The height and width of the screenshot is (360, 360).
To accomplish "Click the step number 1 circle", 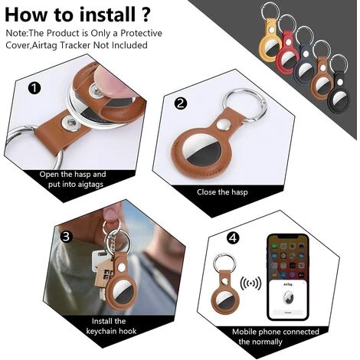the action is (x=34, y=88).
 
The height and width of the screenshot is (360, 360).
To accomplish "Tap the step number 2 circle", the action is (x=181, y=103).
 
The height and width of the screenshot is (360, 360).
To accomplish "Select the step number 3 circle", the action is (x=66, y=237).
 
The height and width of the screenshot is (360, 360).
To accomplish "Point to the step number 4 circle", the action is (x=233, y=238).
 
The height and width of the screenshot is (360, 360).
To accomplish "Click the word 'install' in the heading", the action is (x=107, y=15).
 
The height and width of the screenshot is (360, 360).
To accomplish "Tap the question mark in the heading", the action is (x=146, y=15).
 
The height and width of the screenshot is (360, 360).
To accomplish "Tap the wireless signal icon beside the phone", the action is (x=250, y=283).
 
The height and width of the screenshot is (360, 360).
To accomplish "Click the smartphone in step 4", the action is (x=288, y=277).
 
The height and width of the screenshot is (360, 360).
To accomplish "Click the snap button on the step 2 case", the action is (x=223, y=126).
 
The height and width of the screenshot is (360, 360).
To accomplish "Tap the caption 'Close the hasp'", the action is (x=222, y=192).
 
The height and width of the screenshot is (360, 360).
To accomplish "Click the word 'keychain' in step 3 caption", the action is (x=103, y=331).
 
